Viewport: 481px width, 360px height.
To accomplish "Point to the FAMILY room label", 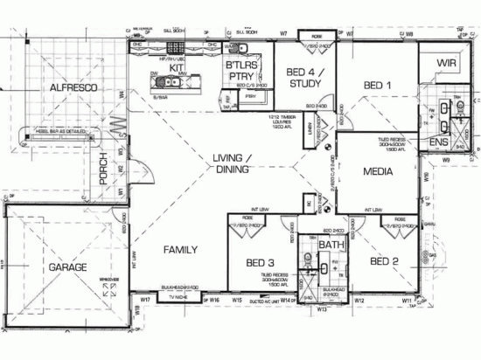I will coord(181,251).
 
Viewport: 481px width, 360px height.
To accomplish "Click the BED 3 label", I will coord(260,262).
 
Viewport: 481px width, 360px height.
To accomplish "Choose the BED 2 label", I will coord(385,261).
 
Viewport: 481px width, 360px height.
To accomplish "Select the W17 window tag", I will coord(145,300).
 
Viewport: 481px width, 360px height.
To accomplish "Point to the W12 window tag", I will coord(359,300).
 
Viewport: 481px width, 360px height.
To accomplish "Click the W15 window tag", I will coord(236,300).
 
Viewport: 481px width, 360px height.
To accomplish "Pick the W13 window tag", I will coord(322,309).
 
